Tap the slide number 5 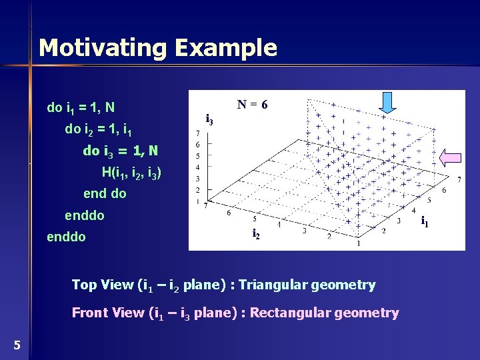click(17, 345)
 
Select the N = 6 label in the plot click(253, 105)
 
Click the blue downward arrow click(388, 102)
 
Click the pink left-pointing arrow click(451, 158)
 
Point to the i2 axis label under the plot click(255, 234)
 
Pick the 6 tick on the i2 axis click(229, 213)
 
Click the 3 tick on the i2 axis click(304, 231)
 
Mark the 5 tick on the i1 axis click(429, 199)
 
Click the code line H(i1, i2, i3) click(131, 173)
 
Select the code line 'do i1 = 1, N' click(81, 107)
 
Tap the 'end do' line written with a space click(105, 194)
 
